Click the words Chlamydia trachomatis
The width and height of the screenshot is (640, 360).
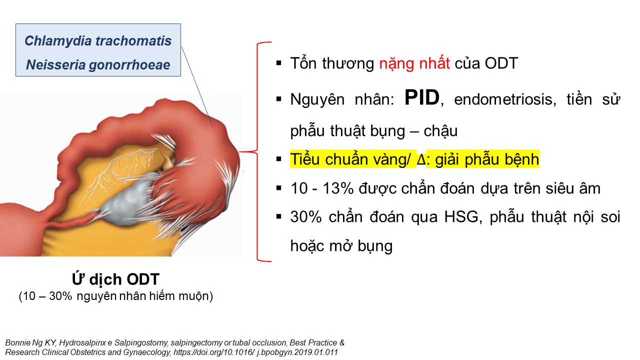click(x=98, y=41)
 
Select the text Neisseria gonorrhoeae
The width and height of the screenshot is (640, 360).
click(x=98, y=65)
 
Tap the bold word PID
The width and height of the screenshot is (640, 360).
click(x=422, y=97)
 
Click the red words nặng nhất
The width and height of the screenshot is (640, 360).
click(x=414, y=63)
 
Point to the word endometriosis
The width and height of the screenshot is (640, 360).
click(x=505, y=99)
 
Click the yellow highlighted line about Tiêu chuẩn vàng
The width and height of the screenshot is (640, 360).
click(x=414, y=159)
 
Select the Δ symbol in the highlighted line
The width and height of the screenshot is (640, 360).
click(x=421, y=159)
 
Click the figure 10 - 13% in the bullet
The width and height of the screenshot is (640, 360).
click(x=322, y=188)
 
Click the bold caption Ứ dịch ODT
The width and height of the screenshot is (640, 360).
click(x=115, y=279)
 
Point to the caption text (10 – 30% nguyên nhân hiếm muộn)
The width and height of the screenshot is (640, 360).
click(x=115, y=296)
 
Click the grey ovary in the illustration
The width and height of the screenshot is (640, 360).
click(x=128, y=197)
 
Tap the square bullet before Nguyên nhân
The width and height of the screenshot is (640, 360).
click(x=279, y=99)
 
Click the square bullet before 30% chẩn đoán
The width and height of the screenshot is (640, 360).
click(x=279, y=217)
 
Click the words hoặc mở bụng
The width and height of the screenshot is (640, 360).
click(x=341, y=246)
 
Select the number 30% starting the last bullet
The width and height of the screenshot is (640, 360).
click(x=306, y=217)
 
